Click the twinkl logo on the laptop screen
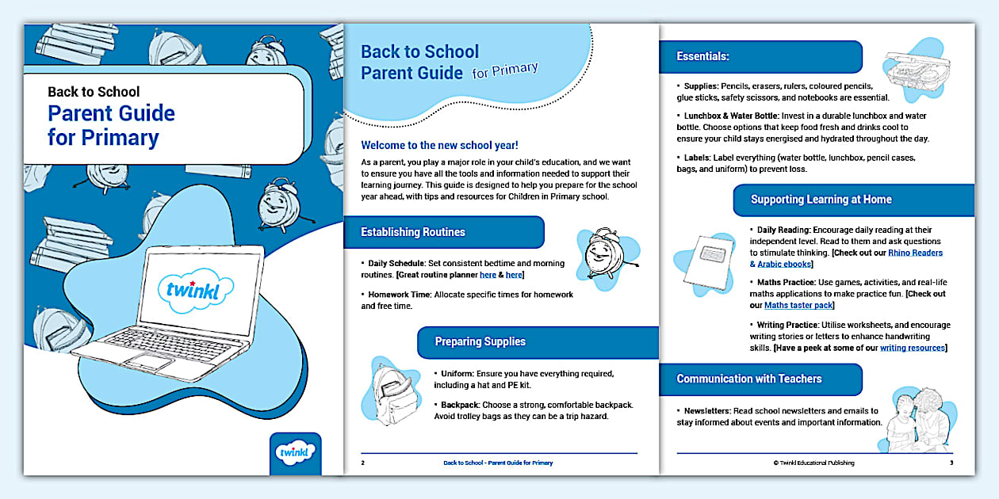tap(196, 288)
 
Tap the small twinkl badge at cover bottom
tap(295, 452)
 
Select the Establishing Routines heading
tap(413, 232)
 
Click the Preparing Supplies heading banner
tap(480, 341)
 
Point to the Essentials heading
tap(702, 56)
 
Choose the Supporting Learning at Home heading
tap(821, 200)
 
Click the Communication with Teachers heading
tap(748, 379)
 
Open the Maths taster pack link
tap(798, 305)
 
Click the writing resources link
tap(912, 348)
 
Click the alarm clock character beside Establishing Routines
tap(603, 257)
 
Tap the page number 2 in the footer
tap(362, 463)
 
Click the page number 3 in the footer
tap(951, 463)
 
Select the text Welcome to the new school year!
tap(439, 145)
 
